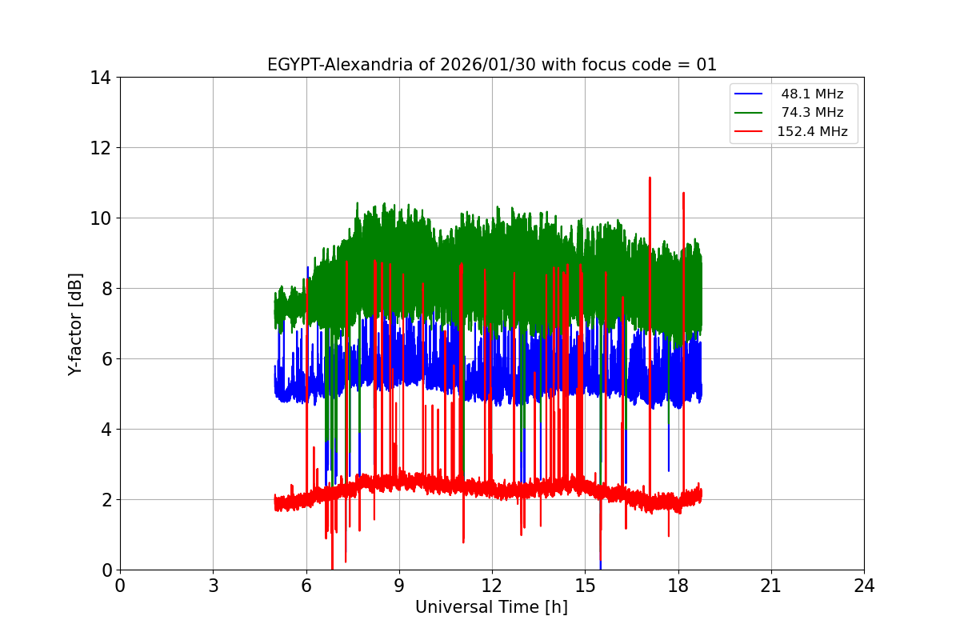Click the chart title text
click(x=491, y=65)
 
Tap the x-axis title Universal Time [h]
click(x=491, y=607)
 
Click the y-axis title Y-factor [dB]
click(x=75, y=323)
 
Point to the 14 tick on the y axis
click(x=100, y=78)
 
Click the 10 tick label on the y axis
click(x=100, y=218)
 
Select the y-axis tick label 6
click(x=105, y=359)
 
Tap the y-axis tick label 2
click(x=105, y=500)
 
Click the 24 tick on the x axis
click(x=864, y=586)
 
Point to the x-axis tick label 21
click(x=771, y=586)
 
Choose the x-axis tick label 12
click(x=492, y=586)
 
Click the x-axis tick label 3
click(x=213, y=586)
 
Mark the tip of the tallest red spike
click(x=650, y=178)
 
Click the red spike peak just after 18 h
click(x=683, y=193)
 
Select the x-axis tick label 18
click(x=678, y=586)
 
